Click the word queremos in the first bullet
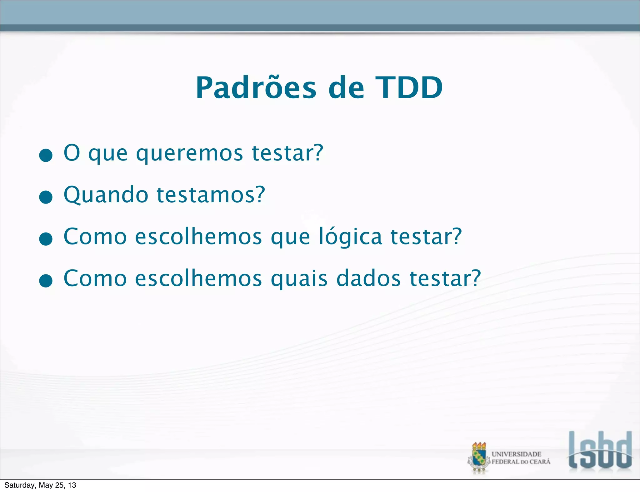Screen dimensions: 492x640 coord(189,154)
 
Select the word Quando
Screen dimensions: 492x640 coord(106,195)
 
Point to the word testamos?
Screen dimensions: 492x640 coord(211,195)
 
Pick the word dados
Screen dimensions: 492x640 coord(368,278)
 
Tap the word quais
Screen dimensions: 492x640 coord(299,278)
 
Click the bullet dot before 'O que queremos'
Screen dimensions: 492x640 coord(46,155)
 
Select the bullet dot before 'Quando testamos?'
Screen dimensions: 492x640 coord(46,197)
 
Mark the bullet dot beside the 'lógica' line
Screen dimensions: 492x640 coord(46,239)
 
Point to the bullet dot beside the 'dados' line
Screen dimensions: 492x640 coord(46,281)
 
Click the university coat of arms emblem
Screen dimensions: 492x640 coord(479,458)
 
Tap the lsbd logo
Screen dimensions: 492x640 coord(600,450)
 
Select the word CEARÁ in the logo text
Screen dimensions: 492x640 coord(540,462)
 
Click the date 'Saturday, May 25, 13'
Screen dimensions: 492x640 coord(40,485)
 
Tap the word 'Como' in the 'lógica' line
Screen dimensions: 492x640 coord(95,237)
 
